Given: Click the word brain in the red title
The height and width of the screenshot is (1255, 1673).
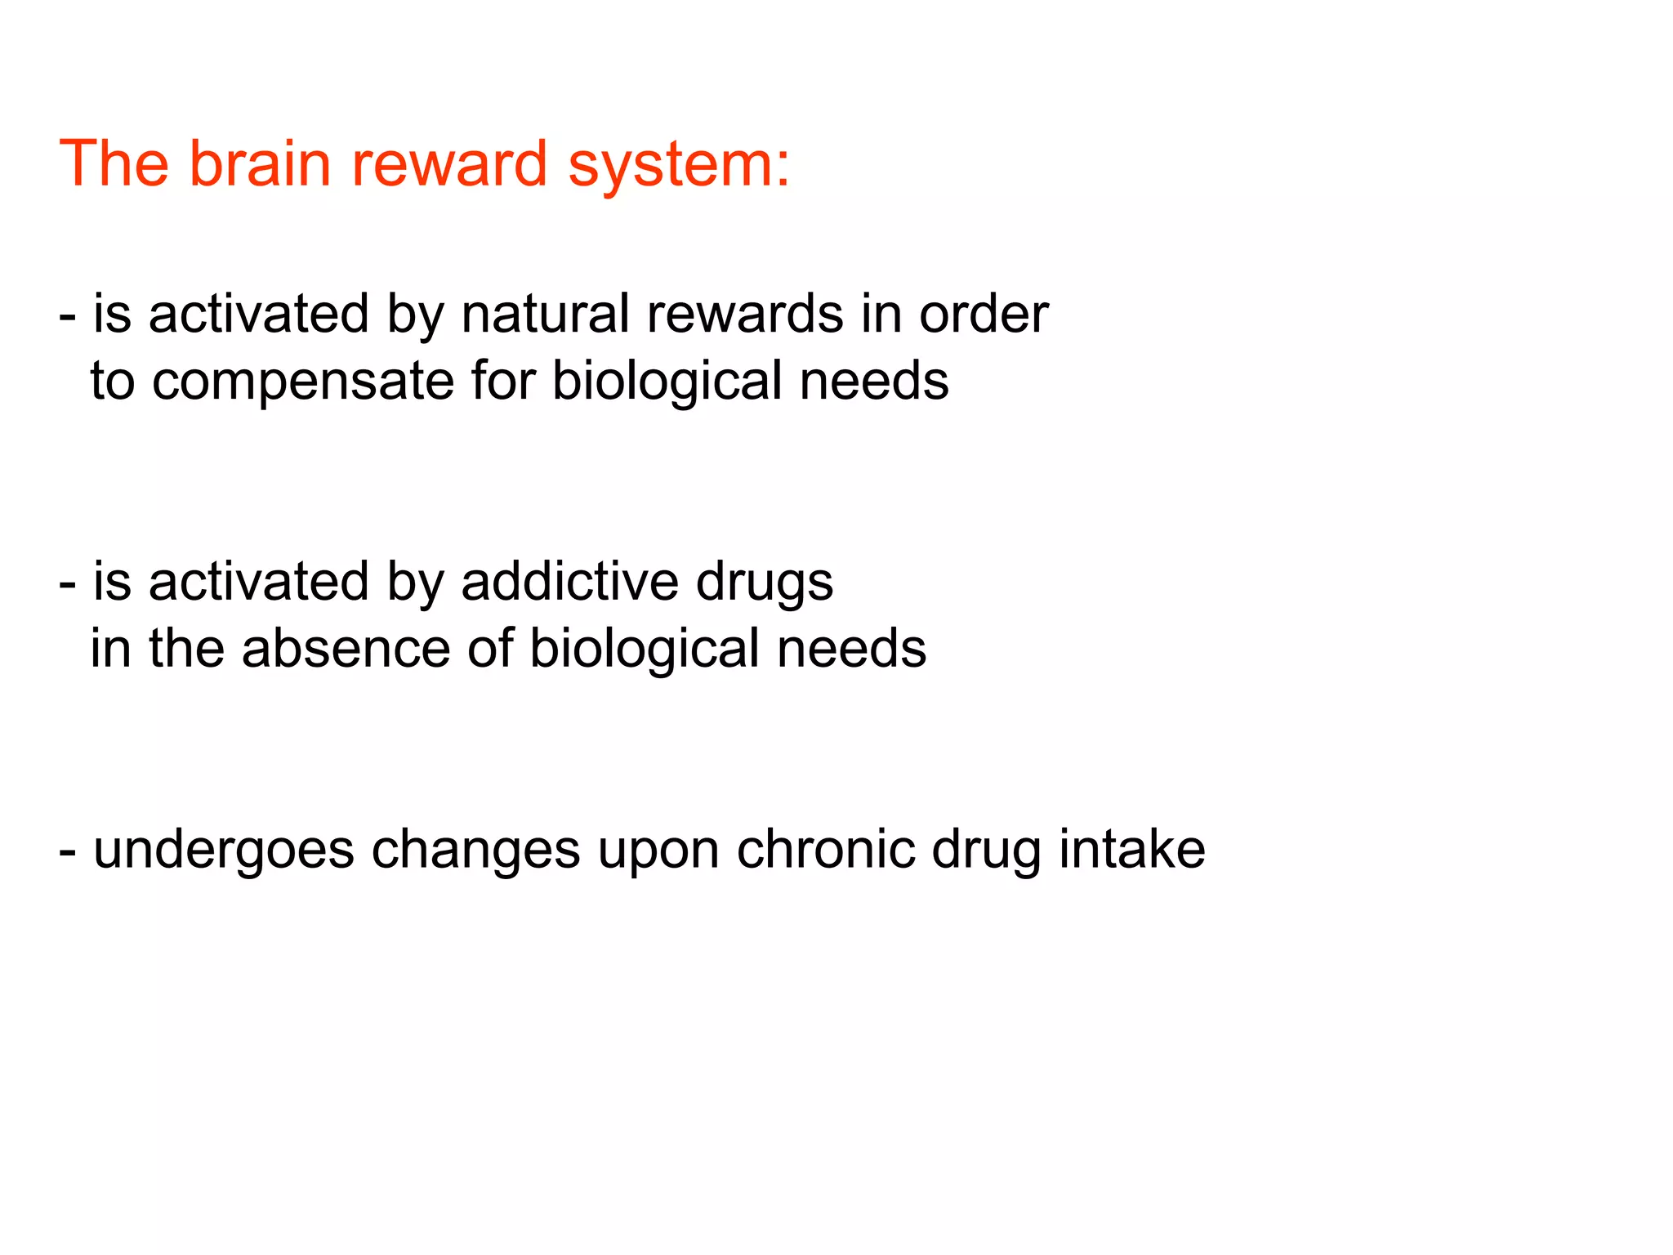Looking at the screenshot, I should click(261, 163).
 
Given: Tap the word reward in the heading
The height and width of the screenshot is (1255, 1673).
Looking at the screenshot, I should click(449, 163).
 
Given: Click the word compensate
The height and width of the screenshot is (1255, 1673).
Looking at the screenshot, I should click(302, 382).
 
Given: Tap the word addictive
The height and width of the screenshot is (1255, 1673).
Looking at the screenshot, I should click(569, 582).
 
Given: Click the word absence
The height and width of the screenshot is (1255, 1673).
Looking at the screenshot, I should click(346, 649).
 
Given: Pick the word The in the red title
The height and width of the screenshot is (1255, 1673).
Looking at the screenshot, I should click(114, 163).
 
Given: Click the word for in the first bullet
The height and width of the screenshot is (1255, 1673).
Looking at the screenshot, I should click(503, 381).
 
